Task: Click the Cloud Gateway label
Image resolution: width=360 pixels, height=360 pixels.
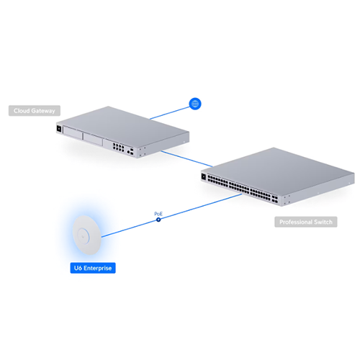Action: point(35,111)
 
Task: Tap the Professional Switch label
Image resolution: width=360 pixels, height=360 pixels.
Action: point(306,222)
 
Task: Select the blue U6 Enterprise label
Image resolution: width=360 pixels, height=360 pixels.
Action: point(93,268)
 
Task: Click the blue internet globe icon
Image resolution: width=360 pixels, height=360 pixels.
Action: point(195,104)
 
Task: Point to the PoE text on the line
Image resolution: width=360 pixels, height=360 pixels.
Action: point(158,214)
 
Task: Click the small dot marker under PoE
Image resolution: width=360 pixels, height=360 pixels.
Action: point(158,220)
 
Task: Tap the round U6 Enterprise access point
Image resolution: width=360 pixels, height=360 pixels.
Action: point(86,235)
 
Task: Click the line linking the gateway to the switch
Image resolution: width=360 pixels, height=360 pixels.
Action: point(186,158)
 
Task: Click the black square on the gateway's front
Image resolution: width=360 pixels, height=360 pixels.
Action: point(59,128)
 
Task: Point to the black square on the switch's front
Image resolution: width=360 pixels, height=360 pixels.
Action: point(204,177)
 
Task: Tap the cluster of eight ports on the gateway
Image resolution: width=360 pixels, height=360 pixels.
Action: point(118,147)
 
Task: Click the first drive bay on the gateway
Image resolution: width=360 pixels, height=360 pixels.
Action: point(73,132)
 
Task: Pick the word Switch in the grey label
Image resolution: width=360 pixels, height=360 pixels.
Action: point(323,222)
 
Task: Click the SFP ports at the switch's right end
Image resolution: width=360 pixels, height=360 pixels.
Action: point(275,199)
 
